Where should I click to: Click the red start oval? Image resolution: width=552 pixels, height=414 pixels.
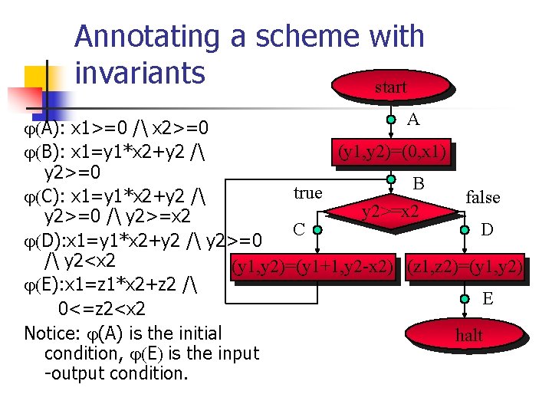[390, 87]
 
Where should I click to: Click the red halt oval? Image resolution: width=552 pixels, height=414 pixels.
[469, 335]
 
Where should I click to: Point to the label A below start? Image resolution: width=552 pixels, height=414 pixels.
[413, 120]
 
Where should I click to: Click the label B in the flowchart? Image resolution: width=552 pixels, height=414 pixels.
[419, 184]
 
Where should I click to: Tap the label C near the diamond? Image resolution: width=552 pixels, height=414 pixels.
[301, 228]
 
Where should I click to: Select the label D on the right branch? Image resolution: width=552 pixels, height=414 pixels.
[488, 228]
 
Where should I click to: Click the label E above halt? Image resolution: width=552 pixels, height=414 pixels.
[488, 298]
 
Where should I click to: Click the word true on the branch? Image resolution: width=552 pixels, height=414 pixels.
[307, 192]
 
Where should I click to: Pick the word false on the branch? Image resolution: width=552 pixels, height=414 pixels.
[483, 198]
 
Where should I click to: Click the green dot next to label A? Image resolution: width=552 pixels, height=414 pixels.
[391, 120]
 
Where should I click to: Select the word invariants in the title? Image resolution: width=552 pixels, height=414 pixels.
[140, 72]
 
